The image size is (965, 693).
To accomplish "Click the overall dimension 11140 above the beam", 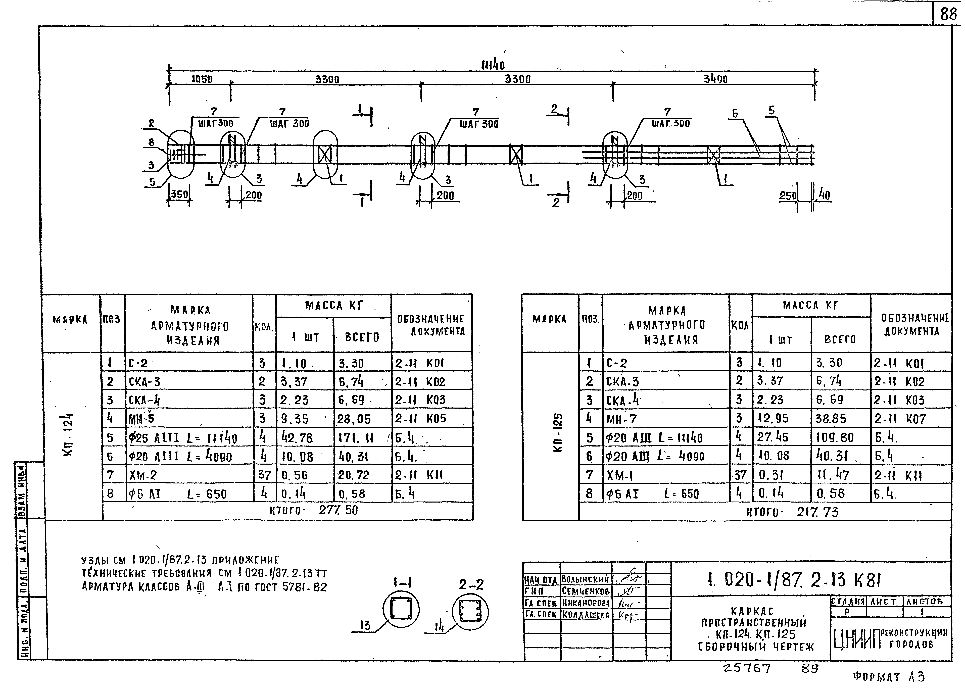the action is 493,65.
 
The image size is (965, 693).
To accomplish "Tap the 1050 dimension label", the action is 202,79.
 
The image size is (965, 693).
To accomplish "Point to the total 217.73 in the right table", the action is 817,512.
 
